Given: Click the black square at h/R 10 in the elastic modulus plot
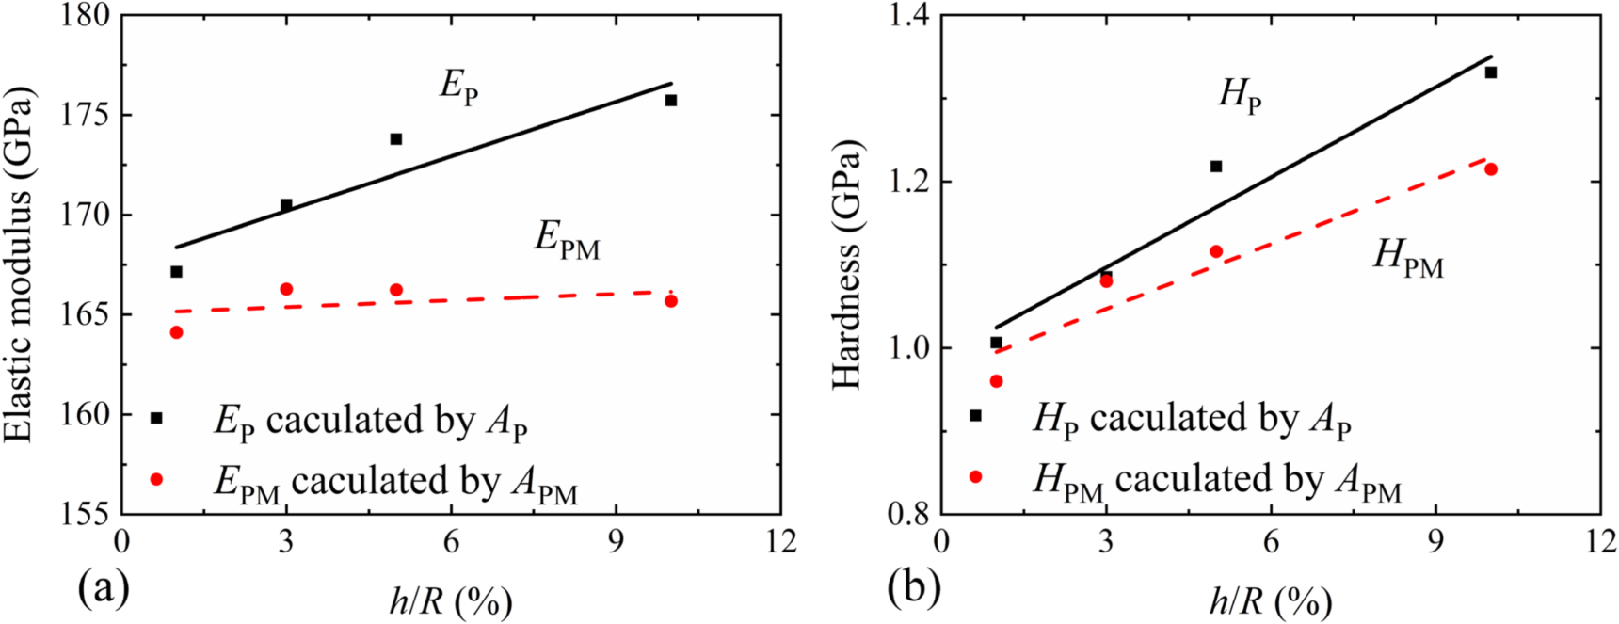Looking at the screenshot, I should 671,100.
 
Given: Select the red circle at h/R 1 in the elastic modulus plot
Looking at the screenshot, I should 176,332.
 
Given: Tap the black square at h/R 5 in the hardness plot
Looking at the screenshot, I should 1216,167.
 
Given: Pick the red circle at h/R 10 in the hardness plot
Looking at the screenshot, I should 1491,169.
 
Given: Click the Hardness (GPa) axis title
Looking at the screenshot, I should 847,264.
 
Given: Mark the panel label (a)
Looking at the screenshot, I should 104,589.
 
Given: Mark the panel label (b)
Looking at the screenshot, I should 914,589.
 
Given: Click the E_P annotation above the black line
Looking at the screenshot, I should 458,87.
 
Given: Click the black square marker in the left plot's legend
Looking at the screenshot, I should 157,418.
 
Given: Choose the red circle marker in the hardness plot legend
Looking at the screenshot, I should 976,477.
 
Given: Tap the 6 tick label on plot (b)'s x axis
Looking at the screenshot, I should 1271,542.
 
